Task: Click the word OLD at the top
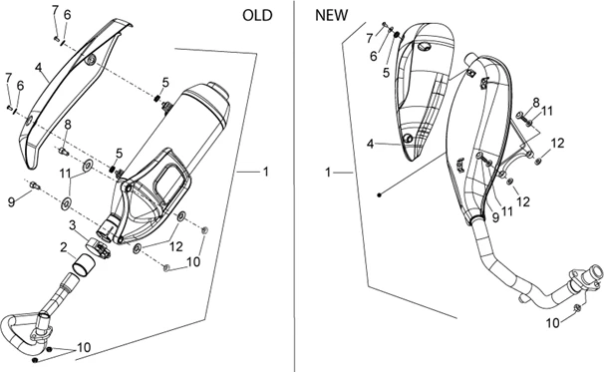tap(257, 15)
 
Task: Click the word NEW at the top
tap(331, 15)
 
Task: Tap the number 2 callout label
tap(64, 246)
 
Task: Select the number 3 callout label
tap(72, 225)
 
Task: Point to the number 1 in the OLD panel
tap(265, 172)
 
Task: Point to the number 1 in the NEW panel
tap(328, 173)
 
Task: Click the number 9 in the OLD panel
tap(12, 201)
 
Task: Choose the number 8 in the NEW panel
tap(536, 103)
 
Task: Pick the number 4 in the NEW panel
tap(370, 145)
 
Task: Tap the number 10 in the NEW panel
tap(552, 323)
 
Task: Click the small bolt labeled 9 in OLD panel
tap(35, 186)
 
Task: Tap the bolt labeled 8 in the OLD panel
tap(64, 151)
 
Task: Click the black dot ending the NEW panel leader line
tap(380, 195)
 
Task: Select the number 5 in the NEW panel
tap(386, 73)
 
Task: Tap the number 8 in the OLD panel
tap(68, 125)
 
